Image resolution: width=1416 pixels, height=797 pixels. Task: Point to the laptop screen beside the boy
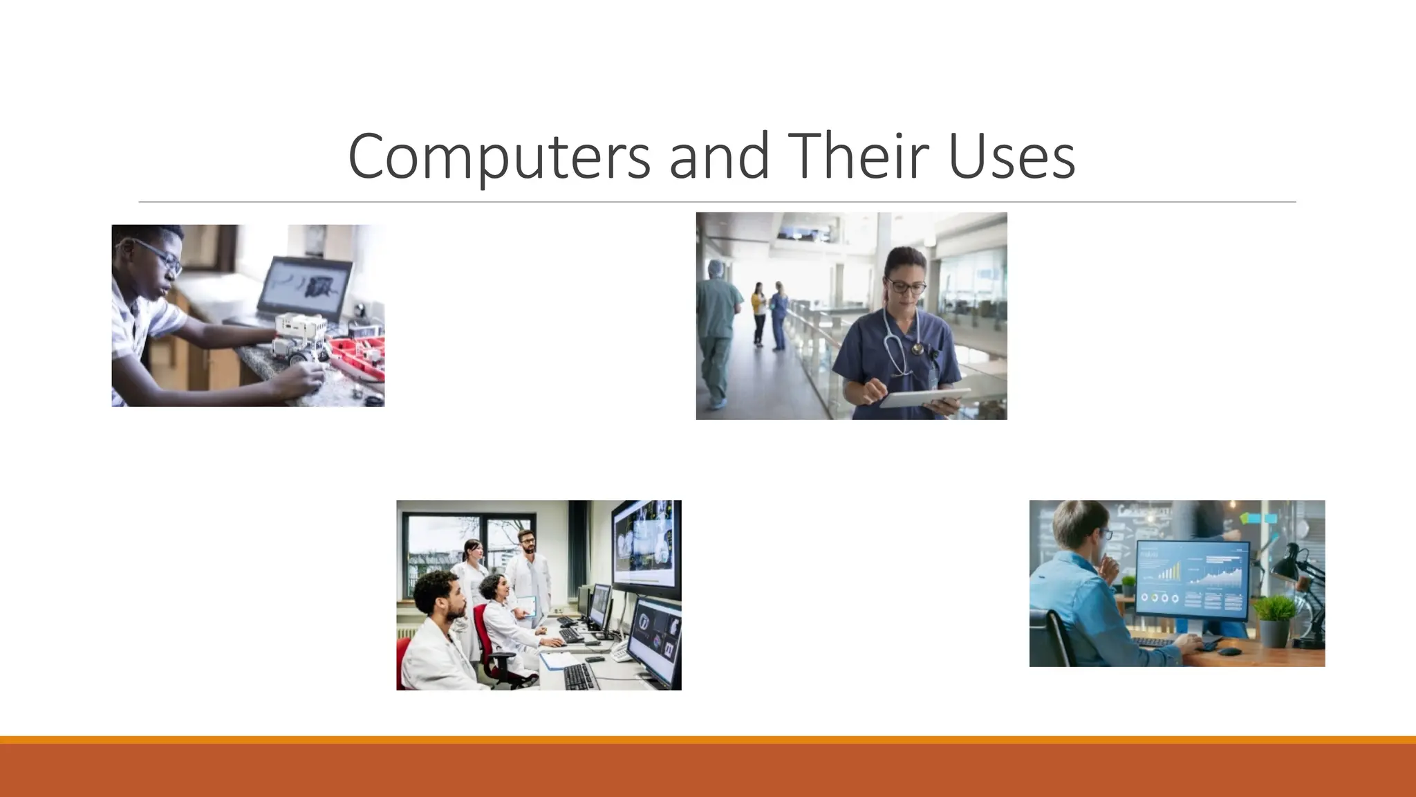point(304,287)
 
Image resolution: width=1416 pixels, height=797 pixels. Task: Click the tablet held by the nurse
point(923,398)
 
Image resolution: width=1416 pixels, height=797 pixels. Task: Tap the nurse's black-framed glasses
point(906,286)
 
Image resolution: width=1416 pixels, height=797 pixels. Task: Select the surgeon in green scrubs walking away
point(717,332)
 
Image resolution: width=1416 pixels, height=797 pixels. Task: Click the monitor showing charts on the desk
point(1192,580)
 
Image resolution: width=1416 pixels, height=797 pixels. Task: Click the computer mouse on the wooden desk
point(1229,651)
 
